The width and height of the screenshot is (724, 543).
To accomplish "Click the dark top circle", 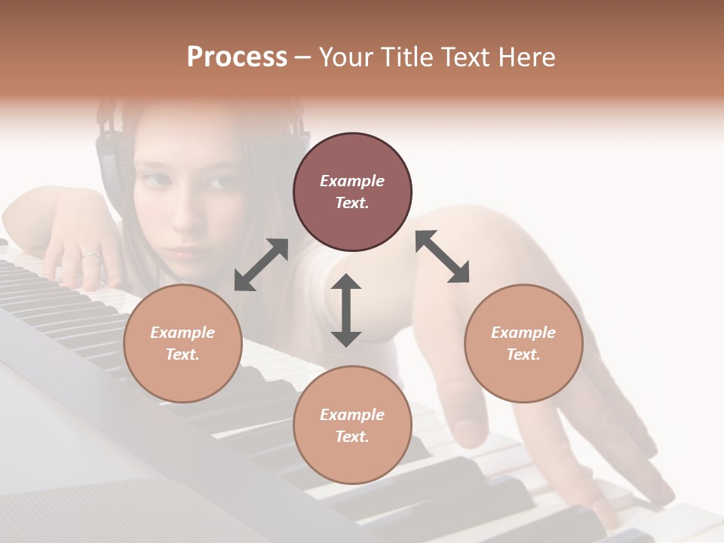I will click(352, 192).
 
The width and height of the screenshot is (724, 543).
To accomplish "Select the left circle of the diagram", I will click(183, 344).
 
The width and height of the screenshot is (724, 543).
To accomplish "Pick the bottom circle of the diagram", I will click(352, 425).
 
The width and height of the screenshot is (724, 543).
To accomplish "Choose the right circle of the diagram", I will click(523, 344).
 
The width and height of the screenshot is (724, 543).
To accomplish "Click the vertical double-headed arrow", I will click(346, 310).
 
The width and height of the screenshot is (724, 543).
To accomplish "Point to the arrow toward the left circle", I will click(261, 265).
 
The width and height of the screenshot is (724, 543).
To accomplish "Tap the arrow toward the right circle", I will click(443, 256).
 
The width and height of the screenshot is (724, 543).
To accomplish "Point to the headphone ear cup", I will click(109, 158).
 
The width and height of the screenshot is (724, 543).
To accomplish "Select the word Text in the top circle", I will click(352, 204).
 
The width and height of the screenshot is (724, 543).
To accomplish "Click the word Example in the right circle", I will click(523, 333).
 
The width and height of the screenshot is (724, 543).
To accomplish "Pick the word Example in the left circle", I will click(183, 333).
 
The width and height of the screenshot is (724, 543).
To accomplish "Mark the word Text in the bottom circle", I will click(352, 437).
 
